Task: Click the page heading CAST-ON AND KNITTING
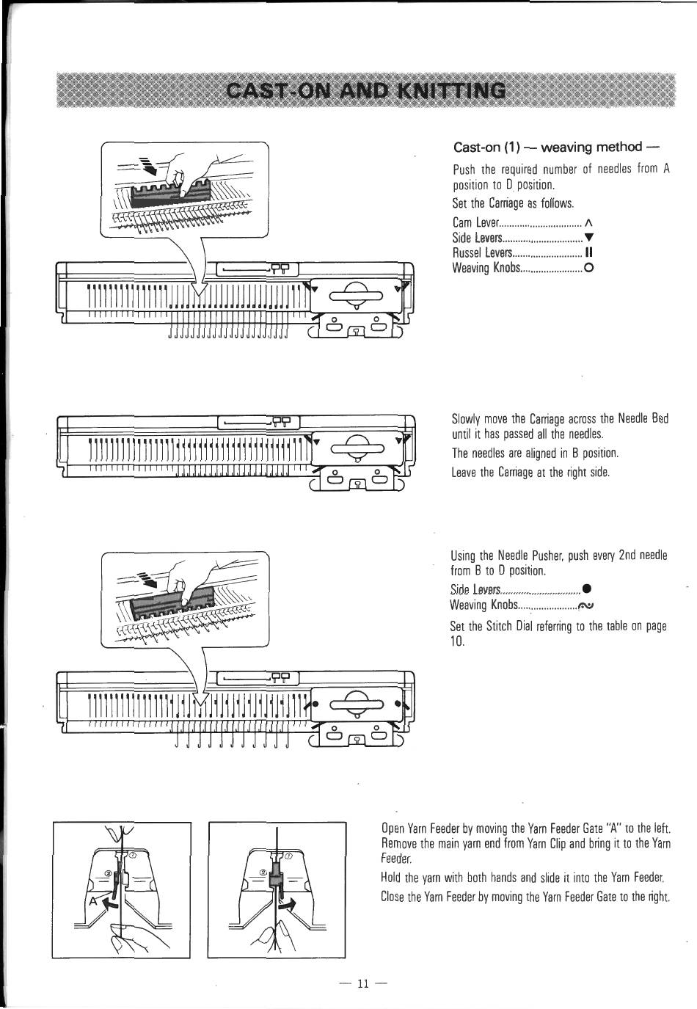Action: (366, 91)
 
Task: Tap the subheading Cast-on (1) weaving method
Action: (557, 147)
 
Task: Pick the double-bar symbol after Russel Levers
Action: (588, 252)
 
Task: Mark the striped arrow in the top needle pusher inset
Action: (148, 167)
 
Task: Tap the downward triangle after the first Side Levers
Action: (588, 237)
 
